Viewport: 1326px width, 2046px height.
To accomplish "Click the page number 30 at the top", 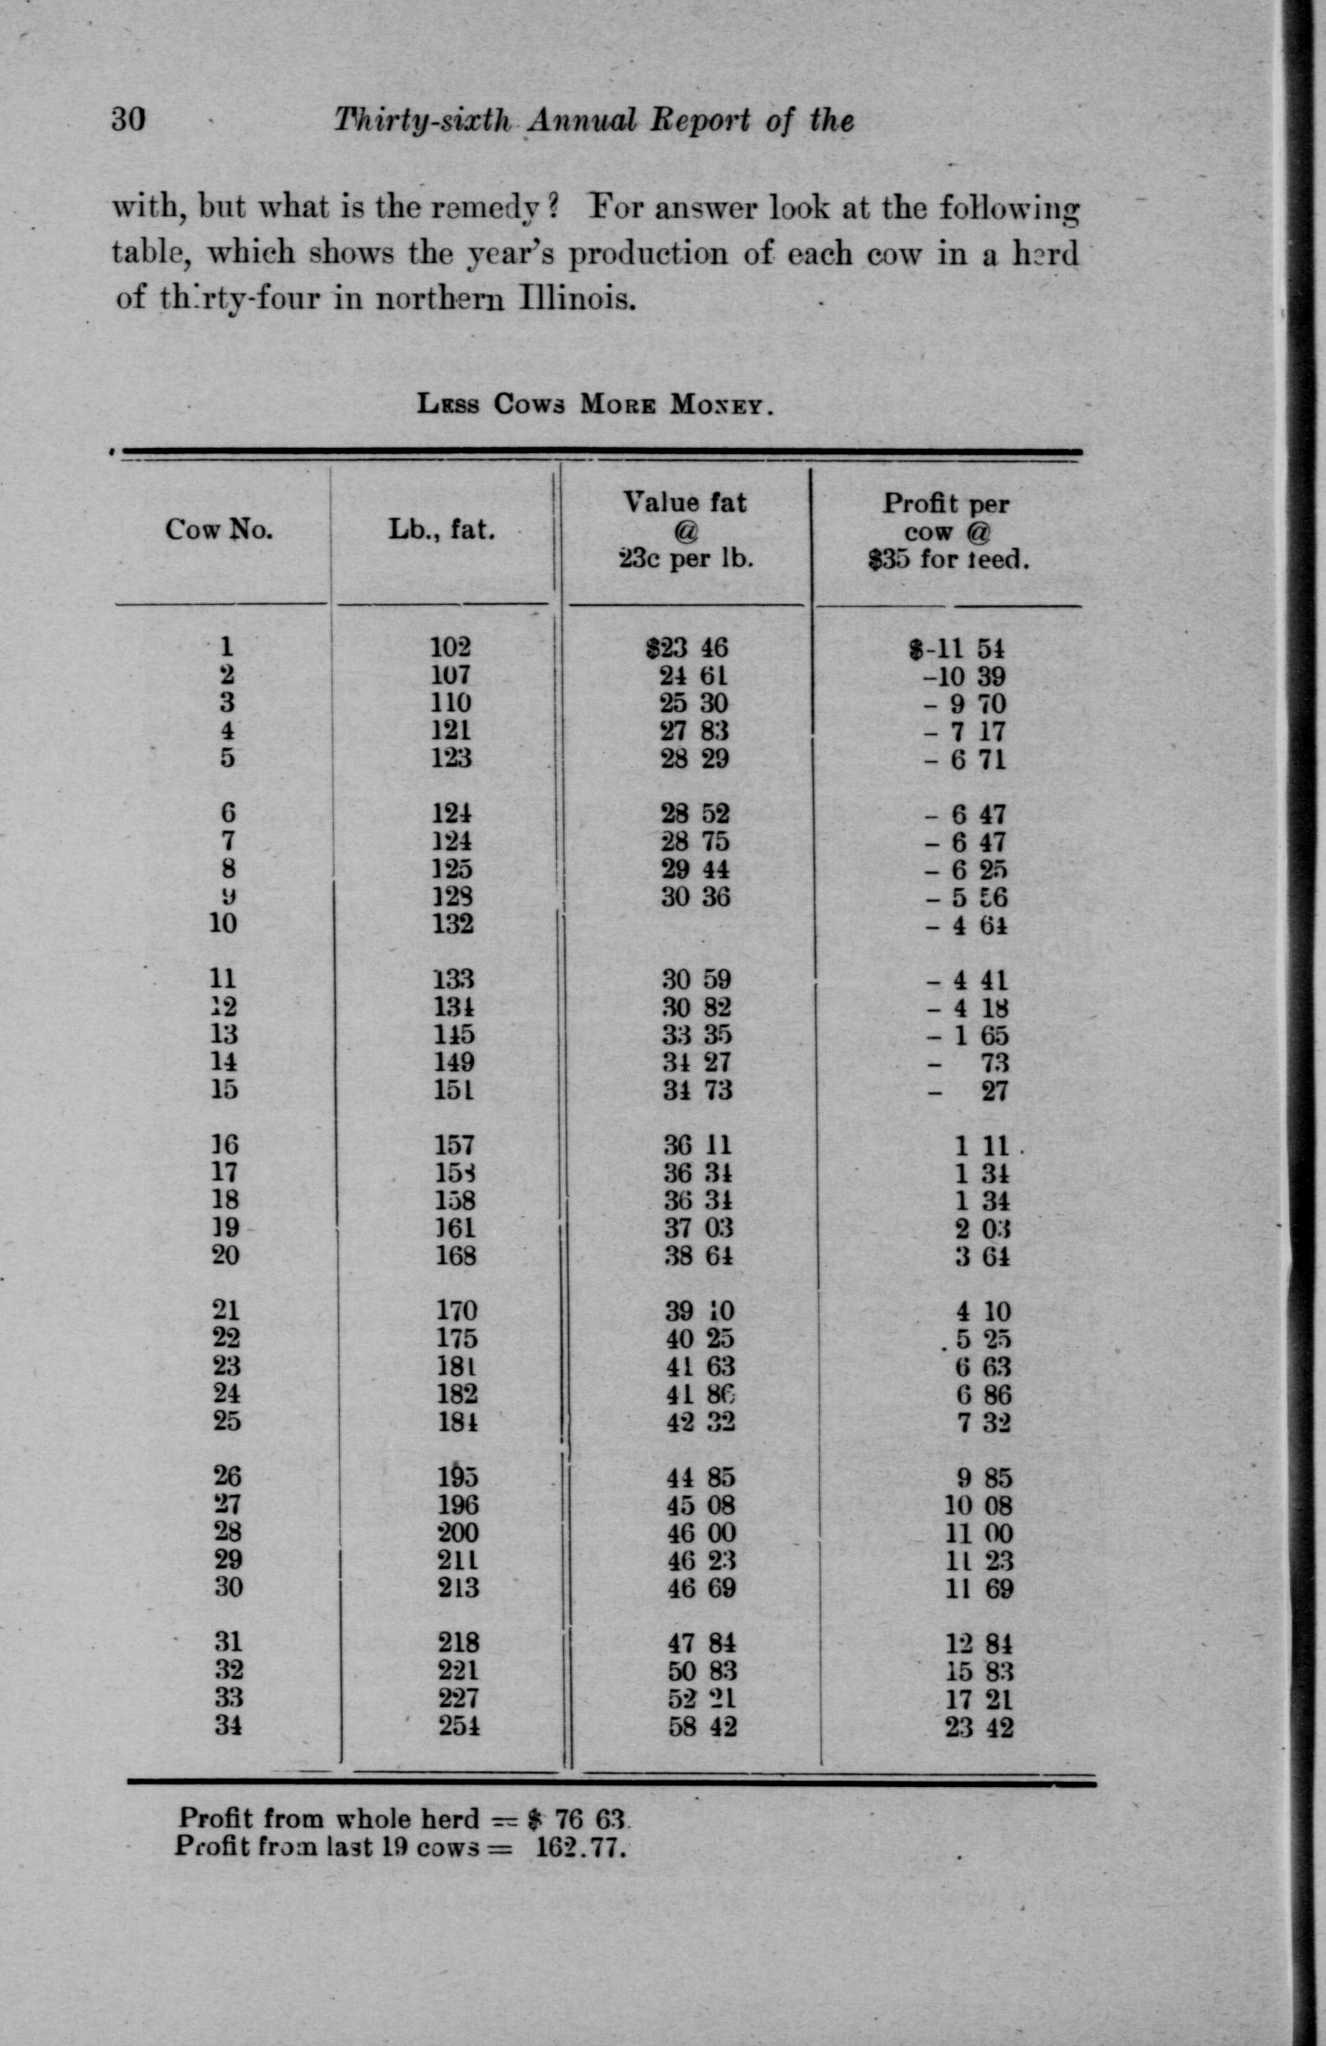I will click(x=129, y=118).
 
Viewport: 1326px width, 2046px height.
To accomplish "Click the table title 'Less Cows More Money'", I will click(x=596, y=403).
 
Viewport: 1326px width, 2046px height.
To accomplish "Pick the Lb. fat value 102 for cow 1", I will click(x=451, y=646).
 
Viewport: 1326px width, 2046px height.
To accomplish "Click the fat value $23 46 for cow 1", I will click(x=688, y=647).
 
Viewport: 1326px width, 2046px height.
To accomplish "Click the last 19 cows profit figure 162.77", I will click(x=577, y=1846).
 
